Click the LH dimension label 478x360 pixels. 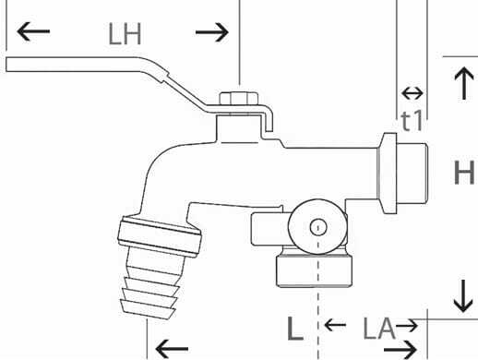coord(125,35)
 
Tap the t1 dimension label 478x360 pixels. coord(412,119)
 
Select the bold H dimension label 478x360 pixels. coord(463,172)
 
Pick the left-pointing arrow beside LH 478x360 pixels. coord(34,33)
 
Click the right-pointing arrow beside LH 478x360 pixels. coord(212,33)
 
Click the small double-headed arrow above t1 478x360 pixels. coord(412,93)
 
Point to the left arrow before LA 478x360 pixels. coord(335,326)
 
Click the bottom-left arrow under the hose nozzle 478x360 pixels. coord(172,348)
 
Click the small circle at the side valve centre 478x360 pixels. coord(317,226)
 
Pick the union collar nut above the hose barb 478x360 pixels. coord(160,237)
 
